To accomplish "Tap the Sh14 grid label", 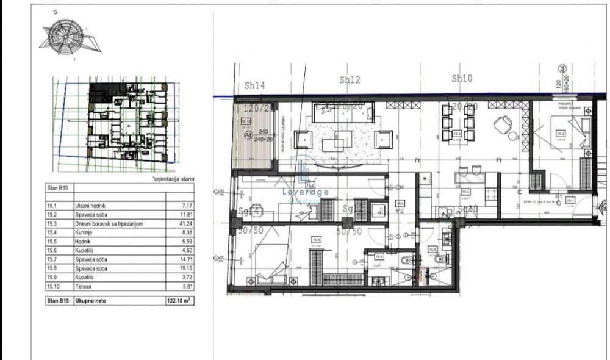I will pos(254,86).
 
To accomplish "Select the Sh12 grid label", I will pos(350,80).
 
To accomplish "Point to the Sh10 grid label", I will pos(462,78).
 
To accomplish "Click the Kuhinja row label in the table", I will pos(85,232).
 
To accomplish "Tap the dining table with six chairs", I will pos(456,131).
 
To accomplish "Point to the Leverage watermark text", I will pos(306,192).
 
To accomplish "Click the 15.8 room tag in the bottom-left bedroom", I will pos(315,240).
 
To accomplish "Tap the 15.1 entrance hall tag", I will pos(570,200).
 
